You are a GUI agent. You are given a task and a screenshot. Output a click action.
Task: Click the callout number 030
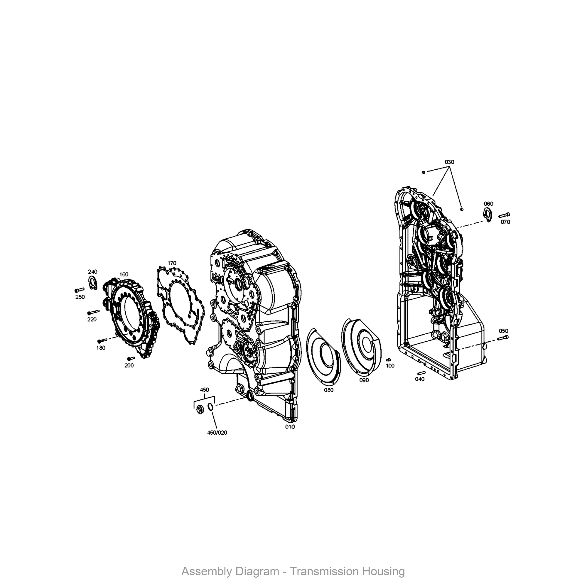(449, 162)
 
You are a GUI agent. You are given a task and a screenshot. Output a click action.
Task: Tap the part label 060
(489, 204)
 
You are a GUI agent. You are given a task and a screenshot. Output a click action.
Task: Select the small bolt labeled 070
(504, 215)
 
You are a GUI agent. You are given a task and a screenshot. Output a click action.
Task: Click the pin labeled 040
(421, 373)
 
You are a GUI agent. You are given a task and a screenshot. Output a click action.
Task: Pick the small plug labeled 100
(388, 360)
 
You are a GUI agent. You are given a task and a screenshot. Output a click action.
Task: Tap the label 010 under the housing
(290, 426)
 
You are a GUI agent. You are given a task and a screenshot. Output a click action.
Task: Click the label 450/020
(217, 433)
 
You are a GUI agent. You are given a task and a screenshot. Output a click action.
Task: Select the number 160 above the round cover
(124, 274)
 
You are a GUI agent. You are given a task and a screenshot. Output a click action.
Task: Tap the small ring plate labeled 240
(92, 283)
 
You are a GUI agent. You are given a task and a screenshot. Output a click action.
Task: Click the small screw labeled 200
(131, 359)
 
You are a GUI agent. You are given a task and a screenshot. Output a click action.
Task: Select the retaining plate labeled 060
(487, 215)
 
